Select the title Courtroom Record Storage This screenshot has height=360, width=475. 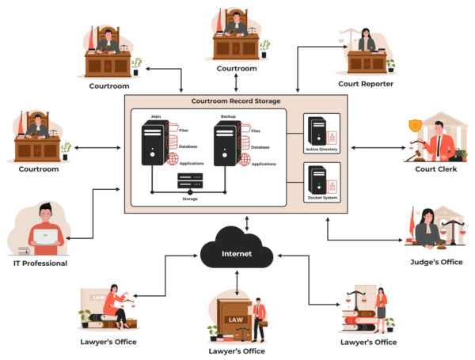(x=236, y=101)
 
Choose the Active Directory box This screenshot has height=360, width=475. (x=322, y=134)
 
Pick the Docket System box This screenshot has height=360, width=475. (x=322, y=182)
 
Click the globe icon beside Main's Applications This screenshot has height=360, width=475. (x=173, y=159)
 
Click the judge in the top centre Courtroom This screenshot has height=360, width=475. (x=234, y=28)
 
